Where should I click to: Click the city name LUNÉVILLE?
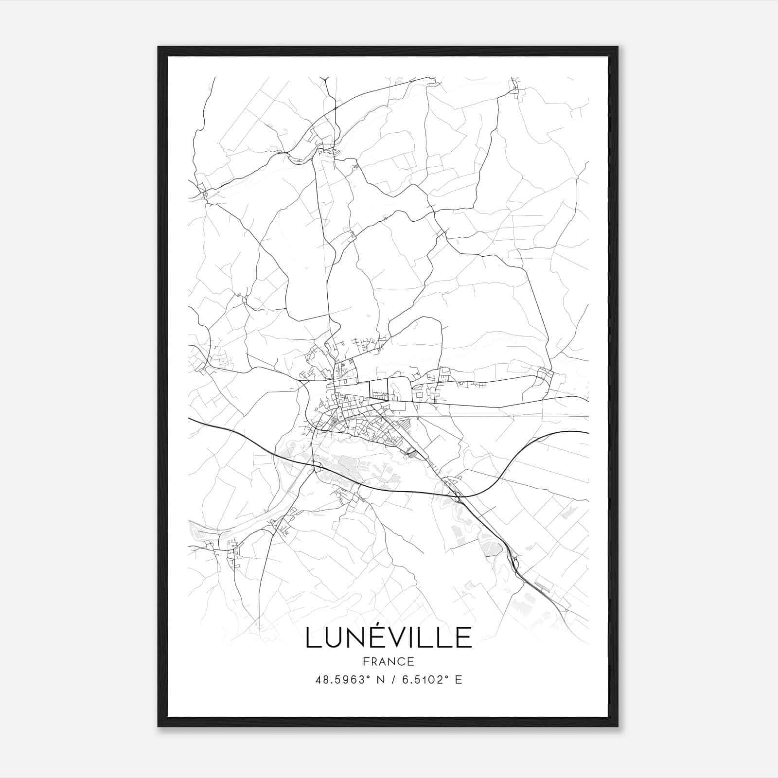click(389, 637)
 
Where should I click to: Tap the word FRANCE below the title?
click(389, 662)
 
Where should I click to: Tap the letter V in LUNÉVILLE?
click(392, 638)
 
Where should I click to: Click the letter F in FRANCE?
click(365, 662)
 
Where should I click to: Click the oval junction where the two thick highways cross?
click(457, 497)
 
